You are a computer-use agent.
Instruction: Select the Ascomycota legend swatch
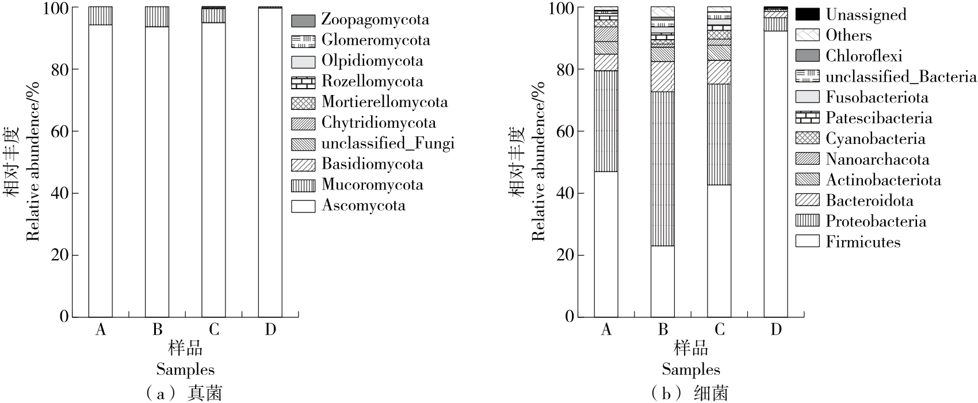coord(303,206)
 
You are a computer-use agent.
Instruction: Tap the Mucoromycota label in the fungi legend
coord(372,185)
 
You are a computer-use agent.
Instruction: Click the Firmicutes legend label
coord(863,242)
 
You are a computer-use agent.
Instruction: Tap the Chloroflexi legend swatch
coord(807,56)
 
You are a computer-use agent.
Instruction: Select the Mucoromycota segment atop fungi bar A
coord(100,16)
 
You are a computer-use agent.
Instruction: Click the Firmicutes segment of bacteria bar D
coord(775,173)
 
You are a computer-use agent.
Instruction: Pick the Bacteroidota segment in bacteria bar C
coord(719,72)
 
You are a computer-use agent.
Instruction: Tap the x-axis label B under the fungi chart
coord(157,330)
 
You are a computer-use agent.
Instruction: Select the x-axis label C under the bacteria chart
coord(719,330)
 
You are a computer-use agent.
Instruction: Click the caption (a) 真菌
coord(184,393)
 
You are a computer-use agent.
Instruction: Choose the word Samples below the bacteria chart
coord(690,370)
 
